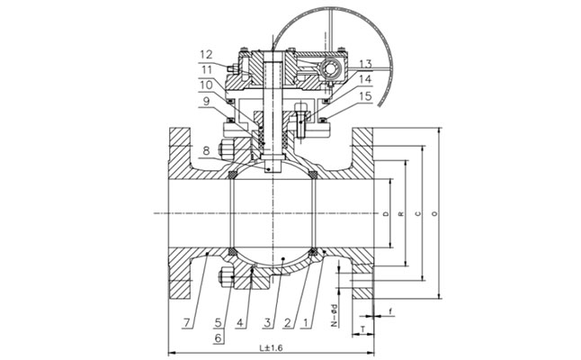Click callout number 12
click(206, 53)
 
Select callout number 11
click(206, 69)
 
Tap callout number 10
click(206, 85)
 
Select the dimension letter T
click(360, 328)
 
